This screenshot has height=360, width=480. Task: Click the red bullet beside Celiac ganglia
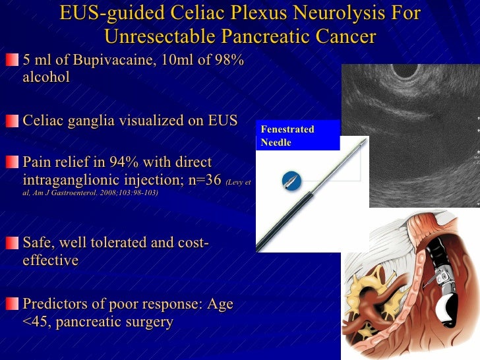tap(13, 121)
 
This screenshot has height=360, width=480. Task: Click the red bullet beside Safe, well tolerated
tap(13, 243)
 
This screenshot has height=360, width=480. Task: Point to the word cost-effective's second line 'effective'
tap(50, 260)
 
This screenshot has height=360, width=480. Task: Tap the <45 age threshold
tap(34, 322)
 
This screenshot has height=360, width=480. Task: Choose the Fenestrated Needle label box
tap(299, 135)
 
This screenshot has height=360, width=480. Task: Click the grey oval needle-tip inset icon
tap(289, 180)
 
